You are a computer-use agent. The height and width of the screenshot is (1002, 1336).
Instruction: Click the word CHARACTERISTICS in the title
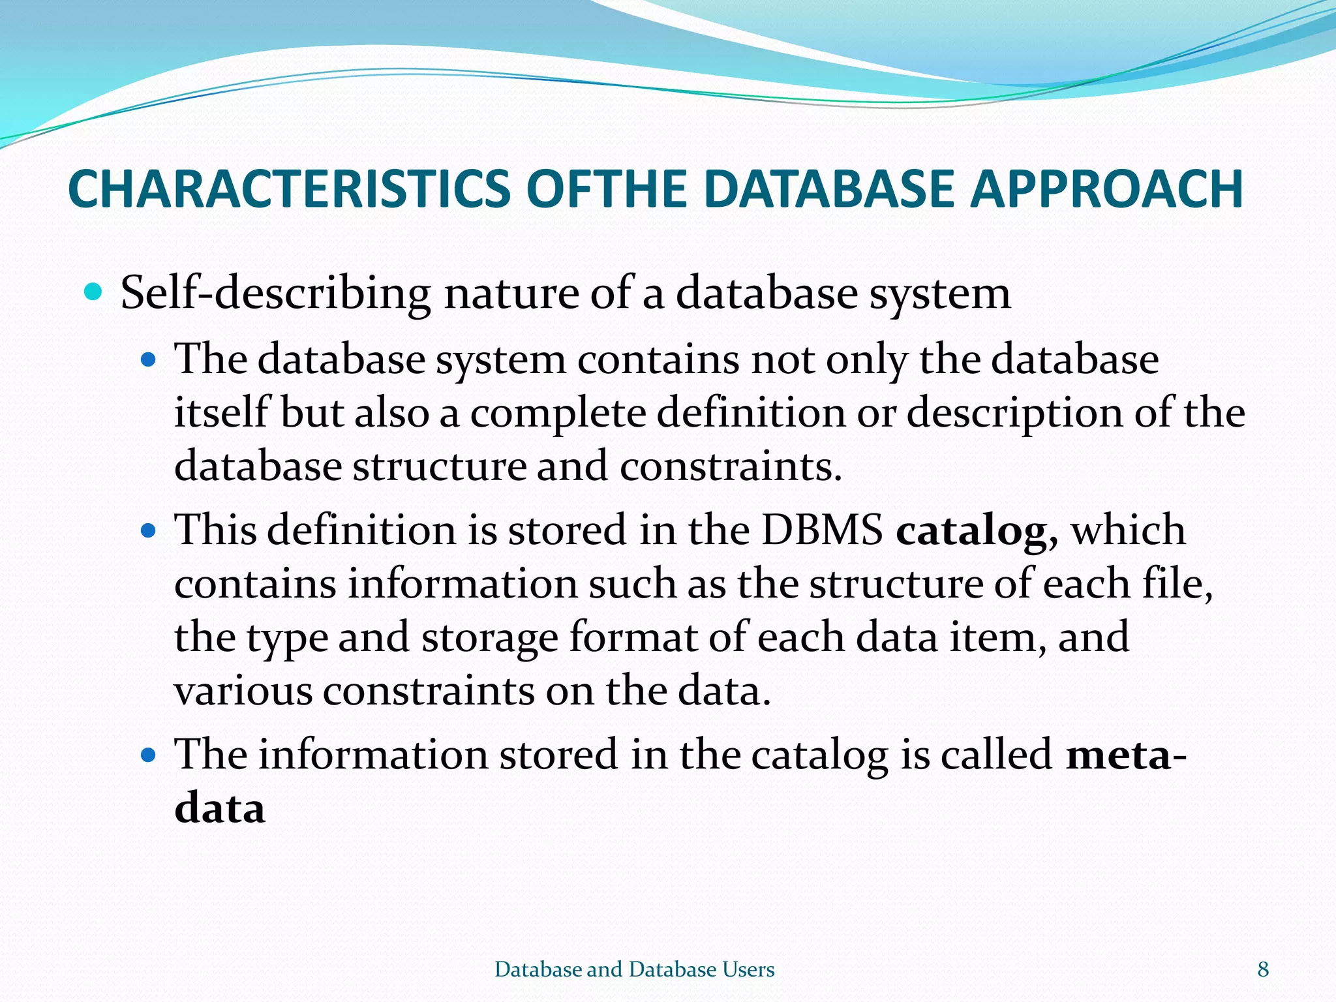[x=289, y=189]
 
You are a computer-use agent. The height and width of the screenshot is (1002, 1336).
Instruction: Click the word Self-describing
[x=275, y=293]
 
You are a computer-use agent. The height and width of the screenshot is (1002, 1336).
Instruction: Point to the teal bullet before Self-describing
[x=94, y=291]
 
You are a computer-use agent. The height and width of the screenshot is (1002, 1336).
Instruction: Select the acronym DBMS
[x=822, y=529]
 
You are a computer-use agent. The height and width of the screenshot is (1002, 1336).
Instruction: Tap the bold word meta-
[x=1125, y=755]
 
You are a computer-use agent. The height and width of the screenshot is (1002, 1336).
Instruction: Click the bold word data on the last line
[x=220, y=809]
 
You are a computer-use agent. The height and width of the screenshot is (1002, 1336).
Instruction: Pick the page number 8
[x=1263, y=969]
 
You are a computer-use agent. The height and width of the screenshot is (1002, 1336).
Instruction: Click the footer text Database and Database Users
[x=634, y=969]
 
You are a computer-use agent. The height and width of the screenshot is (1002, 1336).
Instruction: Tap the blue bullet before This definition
[x=149, y=530]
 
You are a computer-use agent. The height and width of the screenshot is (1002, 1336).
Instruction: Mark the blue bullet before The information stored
[x=149, y=755]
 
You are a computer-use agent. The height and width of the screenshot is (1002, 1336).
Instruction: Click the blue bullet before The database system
[x=149, y=359]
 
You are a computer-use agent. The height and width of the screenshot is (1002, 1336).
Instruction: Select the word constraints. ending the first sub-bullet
[x=731, y=467]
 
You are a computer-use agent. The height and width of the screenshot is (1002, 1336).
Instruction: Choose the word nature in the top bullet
[x=511, y=293]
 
